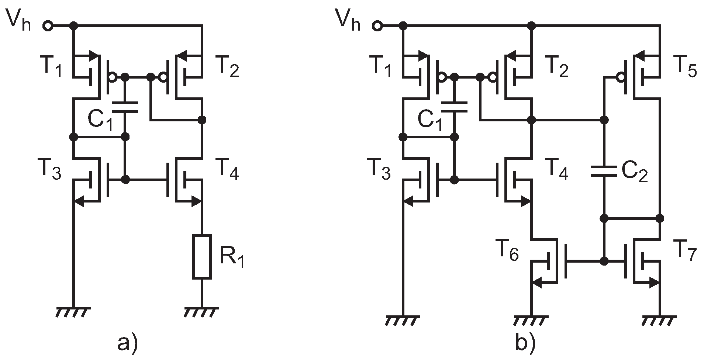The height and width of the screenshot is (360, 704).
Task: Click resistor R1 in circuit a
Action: pos(202,257)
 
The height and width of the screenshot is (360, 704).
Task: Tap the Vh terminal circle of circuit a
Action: pos(48,26)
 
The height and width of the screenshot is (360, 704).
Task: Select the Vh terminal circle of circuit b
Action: pos(377,26)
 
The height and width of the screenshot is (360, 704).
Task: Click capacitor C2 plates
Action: pos(604,172)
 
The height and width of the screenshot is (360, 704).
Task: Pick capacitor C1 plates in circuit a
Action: pos(125,107)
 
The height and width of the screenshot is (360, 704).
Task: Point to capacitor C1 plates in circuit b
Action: pos(455,107)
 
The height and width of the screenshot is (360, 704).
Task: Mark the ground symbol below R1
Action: pos(201,312)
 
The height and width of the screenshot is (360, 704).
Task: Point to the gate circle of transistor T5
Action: pos(621,78)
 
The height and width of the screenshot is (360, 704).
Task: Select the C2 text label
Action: pos(635,173)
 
